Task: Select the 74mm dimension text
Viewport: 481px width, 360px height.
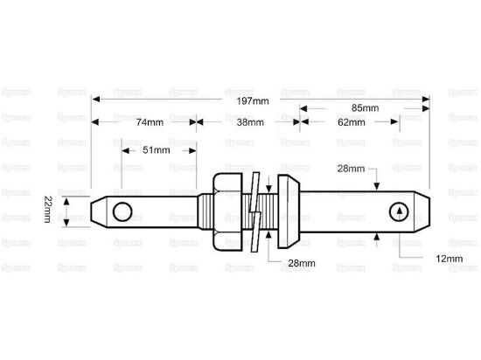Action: pos(150,122)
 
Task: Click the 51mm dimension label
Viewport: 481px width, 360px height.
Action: pos(156,150)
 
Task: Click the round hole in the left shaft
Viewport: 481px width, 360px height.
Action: pos(124,211)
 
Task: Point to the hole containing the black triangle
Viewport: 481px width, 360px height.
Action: pos(399,211)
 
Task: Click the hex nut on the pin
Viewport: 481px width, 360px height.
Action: pos(227,211)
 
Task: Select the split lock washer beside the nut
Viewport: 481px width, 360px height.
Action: pos(254,211)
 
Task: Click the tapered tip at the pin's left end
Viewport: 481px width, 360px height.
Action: pos(97,211)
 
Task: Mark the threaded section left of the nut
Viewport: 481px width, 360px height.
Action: pos(204,211)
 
